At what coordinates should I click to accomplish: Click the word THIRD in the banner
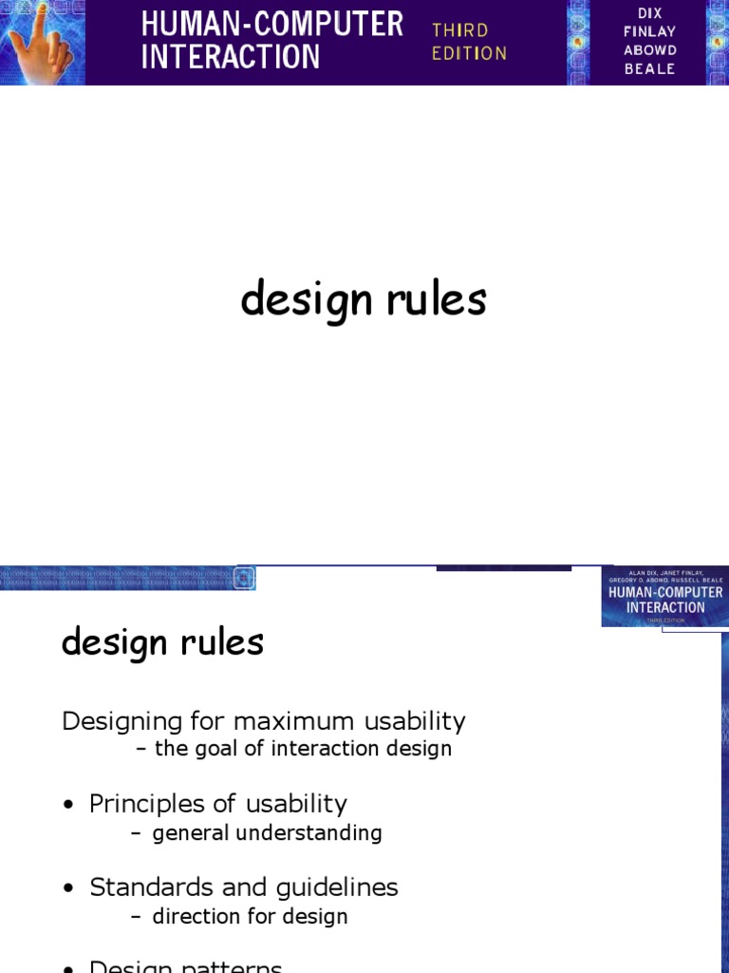tap(459, 30)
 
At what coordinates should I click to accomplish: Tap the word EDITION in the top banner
tap(469, 53)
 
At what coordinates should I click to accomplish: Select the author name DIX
tap(650, 12)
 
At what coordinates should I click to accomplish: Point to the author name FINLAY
tap(650, 31)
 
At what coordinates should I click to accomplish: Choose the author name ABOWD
tap(650, 50)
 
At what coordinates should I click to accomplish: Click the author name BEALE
tap(650, 69)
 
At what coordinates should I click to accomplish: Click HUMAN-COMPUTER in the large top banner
tap(271, 25)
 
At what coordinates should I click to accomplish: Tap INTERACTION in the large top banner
tap(231, 57)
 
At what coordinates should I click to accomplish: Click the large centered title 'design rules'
tap(364, 300)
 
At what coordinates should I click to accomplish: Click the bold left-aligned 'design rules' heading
tap(162, 643)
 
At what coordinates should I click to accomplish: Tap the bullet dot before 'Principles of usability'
tap(67, 805)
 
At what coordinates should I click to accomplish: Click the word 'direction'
tap(194, 917)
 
